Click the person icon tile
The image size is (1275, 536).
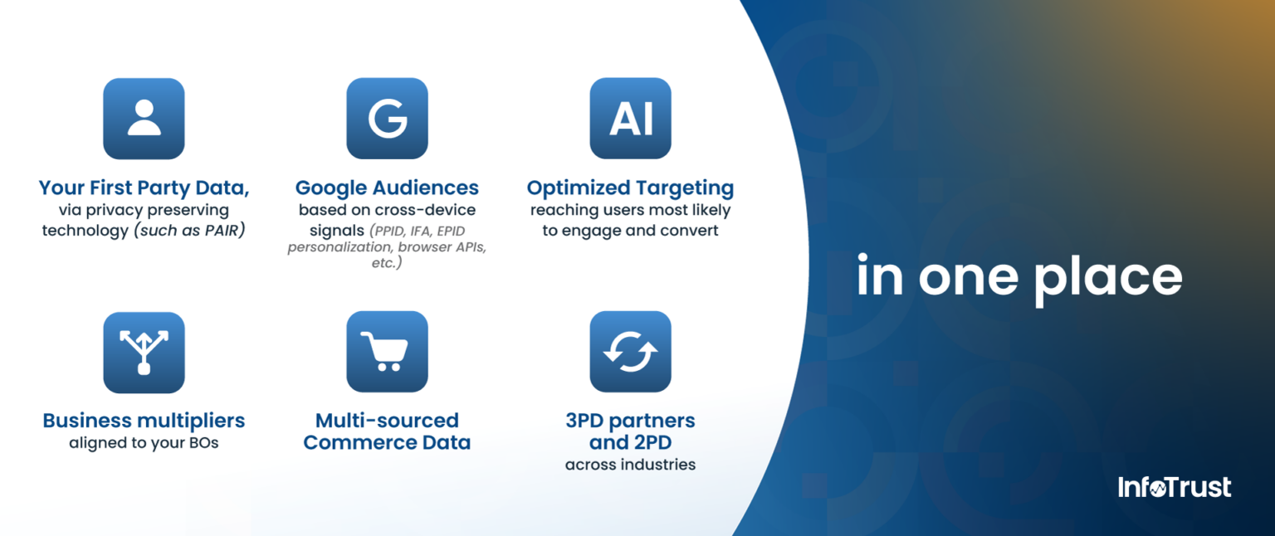(x=144, y=119)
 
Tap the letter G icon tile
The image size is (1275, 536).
(x=387, y=119)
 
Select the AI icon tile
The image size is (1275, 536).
(x=630, y=119)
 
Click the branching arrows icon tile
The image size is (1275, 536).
(x=144, y=352)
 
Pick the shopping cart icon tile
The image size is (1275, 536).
(x=387, y=352)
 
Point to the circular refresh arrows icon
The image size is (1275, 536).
(x=630, y=352)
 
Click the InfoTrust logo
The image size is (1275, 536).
(x=1175, y=488)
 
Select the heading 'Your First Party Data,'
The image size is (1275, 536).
(x=144, y=188)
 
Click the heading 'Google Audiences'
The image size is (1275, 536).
(x=387, y=188)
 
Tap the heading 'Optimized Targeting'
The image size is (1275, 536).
(x=630, y=188)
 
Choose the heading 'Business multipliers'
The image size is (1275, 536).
(x=144, y=421)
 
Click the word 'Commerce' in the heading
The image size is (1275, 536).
(x=359, y=443)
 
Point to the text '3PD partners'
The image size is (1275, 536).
(x=630, y=421)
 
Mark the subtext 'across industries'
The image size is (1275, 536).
(x=630, y=465)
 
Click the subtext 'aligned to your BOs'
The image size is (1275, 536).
(x=144, y=443)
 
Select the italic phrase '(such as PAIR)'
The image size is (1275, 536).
(x=189, y=231)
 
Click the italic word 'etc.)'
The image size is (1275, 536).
(x=387, y=263)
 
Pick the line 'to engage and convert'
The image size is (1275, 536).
(x=630, y=231)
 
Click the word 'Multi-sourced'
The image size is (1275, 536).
(x=387, y=421)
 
